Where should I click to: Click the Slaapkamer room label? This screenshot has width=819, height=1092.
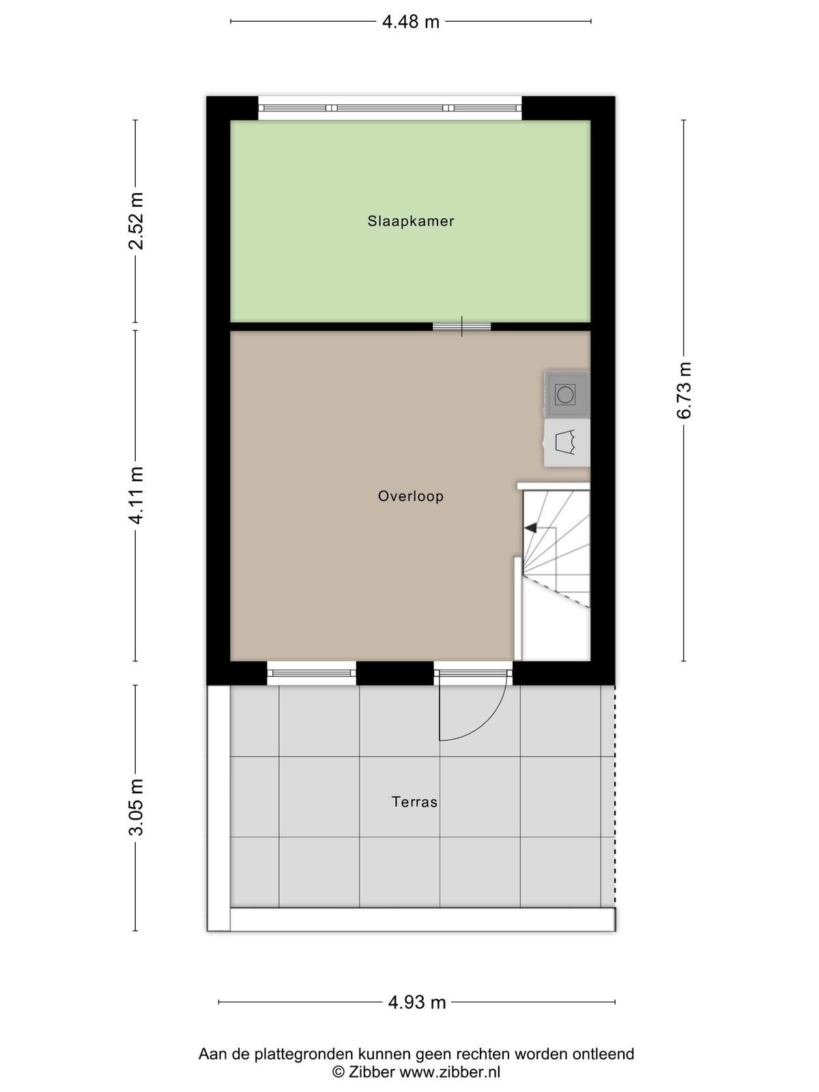tap(411, 221)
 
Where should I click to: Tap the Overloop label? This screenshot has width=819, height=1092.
tap(411, 496)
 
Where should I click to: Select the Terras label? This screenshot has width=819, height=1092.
tap(414, 802)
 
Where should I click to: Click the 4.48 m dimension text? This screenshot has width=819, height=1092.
tap(411, 22)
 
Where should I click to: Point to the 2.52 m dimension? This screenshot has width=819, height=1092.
tap(136, 221)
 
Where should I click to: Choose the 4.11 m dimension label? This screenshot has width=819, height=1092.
tap(136, 495)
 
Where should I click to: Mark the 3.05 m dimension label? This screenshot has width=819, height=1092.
tap(136, 807)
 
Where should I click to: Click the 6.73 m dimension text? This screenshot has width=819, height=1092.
tap(684, 390)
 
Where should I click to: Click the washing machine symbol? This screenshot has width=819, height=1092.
tap(566, 394)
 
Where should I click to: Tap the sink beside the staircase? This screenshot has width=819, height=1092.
tap(567, 443)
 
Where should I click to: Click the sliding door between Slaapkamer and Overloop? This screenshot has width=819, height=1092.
tap(461, 326)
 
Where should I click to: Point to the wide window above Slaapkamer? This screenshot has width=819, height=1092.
tap(390, 108)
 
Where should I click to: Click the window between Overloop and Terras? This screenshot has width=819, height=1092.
tap(312, 673)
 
